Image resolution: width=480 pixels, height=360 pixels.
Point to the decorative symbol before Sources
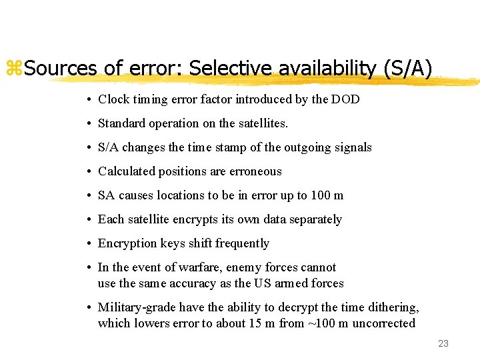(x=14, y=68)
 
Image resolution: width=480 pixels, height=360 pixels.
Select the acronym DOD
(x=345, y=99)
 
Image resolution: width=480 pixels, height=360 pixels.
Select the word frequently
(x=241, y=243)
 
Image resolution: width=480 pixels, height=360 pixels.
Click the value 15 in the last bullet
(x=269, y=323)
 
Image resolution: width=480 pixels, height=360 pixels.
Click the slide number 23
(x=443, y=343)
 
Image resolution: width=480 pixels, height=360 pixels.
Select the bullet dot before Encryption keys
(x=89, y=243)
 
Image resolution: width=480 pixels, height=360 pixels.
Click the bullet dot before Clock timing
(x=89, y=99)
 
